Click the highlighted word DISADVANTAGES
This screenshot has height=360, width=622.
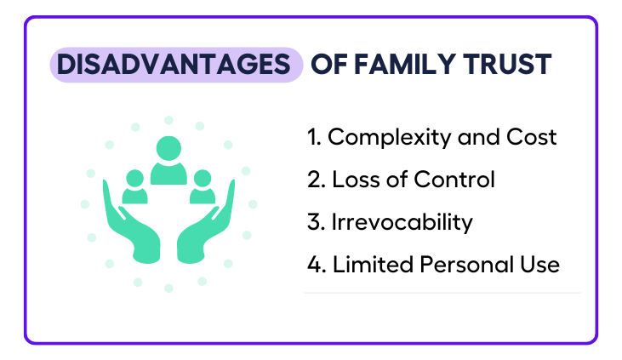coord(174,65)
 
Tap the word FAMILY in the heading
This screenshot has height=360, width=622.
coord(404,65)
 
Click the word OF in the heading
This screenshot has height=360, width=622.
coord(328,65)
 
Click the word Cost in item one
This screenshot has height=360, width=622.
coord(532,137)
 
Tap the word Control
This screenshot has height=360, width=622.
coord(454,180)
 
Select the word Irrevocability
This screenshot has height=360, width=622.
coord(402,223)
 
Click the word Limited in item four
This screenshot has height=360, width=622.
coord(373,265)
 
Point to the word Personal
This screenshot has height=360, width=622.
coord(467,265)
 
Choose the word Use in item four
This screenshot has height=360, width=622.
coord(539,265)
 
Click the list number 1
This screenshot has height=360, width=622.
coord(313,137)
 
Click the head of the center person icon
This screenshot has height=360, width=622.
coord(168,148)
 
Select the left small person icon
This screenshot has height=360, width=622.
coord(135,186)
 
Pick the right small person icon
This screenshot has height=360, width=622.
coord(203,186)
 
